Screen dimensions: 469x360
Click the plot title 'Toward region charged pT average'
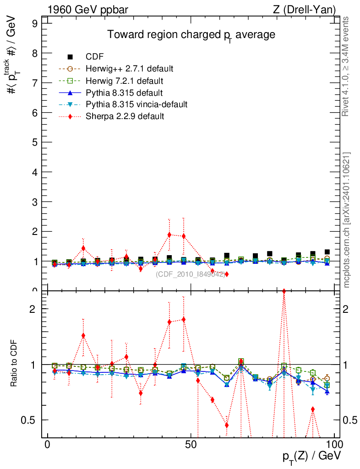(x=191, y=35)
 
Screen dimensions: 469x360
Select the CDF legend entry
(x=95, y=57)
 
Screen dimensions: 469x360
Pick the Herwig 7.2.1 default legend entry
(x=124, y=81)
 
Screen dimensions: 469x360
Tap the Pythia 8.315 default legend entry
(x=124, y=93)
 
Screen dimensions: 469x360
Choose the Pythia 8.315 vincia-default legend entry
(x=136, y=104)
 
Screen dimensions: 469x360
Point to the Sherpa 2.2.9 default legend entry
(x=125, y=116)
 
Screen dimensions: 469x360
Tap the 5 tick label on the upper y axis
(x=34, y=142)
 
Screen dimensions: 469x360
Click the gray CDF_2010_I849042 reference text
(x=191, y=274)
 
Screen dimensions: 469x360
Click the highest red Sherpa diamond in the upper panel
(x=169, y=235)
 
